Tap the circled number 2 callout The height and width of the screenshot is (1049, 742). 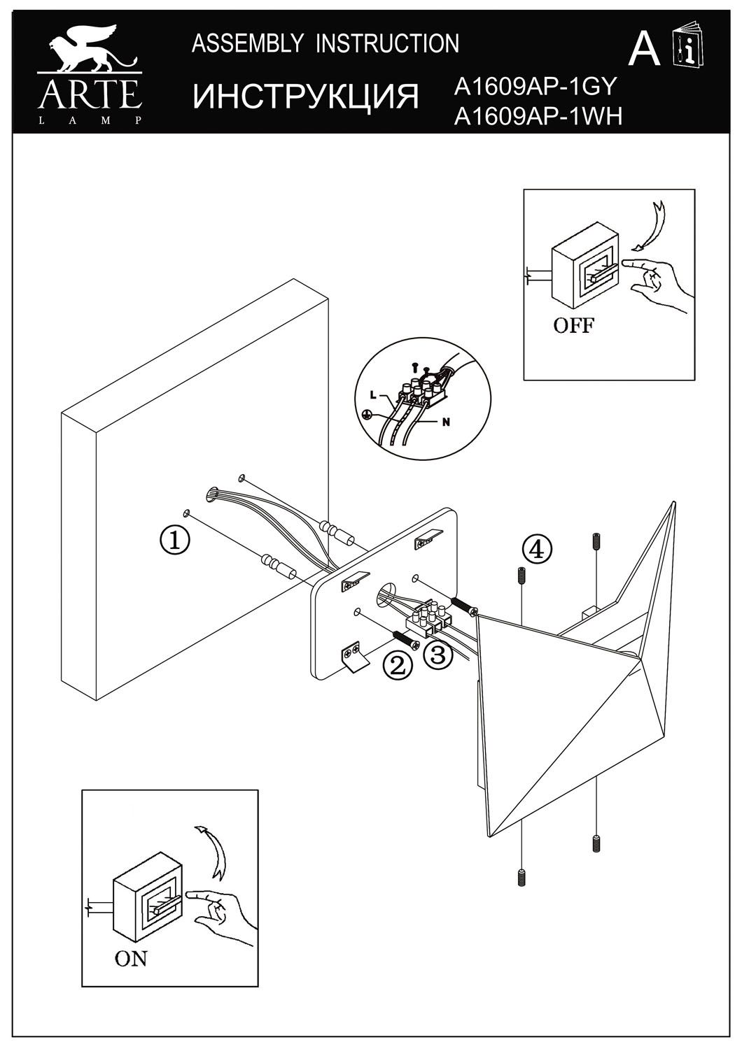[x=397, y=665]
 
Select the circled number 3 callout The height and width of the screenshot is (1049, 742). [x=436, y=655]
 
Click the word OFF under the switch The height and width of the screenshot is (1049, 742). [x=574, y=326]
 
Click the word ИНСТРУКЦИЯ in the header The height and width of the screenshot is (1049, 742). [x=305, y=97]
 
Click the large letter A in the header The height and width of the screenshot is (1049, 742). [x=644, y=50]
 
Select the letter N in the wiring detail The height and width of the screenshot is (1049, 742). [x=445, y=422]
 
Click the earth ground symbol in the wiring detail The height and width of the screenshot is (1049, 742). [x=367, y=414]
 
